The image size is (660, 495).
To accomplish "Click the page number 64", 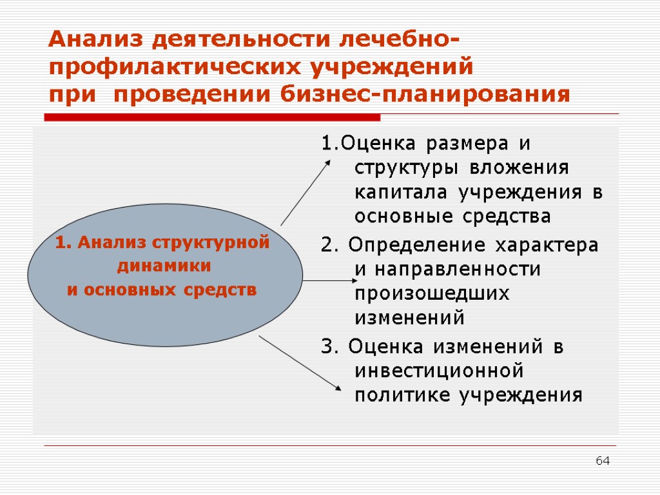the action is click(603, 461).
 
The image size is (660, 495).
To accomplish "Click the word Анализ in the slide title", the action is click(95, 40).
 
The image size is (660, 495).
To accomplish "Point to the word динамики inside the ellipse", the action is click(162, 266).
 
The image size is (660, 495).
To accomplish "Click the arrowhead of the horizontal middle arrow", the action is click(354, 280).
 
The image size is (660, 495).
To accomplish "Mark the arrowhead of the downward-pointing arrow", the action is click(338, 386).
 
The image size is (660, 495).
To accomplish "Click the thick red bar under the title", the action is click(212, 117).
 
